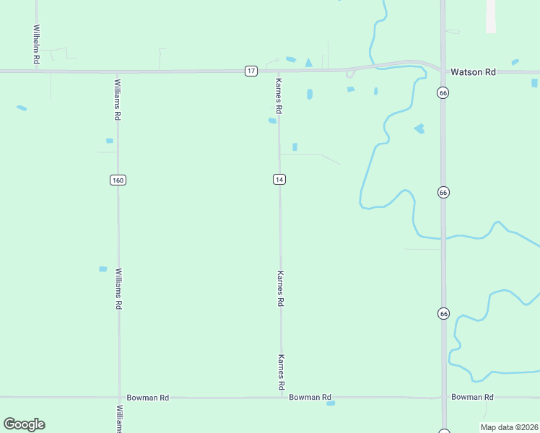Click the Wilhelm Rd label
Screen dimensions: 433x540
click(x=35, y=45)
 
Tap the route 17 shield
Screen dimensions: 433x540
click(x=251, y=71)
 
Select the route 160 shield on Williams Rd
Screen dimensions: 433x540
click(x=118, y=180)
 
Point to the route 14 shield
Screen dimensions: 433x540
click(x=279, y=179)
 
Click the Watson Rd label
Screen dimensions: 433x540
click(x=473, y=72)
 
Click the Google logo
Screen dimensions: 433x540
click(x=24, y=424)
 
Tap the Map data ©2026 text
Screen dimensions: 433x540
click(x=509, y=427)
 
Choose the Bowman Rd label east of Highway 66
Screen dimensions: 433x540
click(x=472, y=397)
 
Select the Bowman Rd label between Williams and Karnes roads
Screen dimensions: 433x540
click(x=147, y=398)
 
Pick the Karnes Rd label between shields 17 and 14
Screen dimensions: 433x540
click(x=279, y=97)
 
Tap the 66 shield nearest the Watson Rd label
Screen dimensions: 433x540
click(x=443, y=92)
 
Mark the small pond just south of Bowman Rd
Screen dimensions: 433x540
click(x=331, y=403)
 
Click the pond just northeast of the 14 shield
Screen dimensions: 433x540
click(x=295, y=147)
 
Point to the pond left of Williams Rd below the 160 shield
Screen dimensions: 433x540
click(x=103, y=269)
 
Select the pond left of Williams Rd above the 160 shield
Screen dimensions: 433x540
click(x=109, y=141)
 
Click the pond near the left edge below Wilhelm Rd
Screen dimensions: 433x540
click(x=22, y=108)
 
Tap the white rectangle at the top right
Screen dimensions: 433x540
click(x=491, y=15)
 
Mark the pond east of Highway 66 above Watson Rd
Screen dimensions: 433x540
click(x=515, y=62)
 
